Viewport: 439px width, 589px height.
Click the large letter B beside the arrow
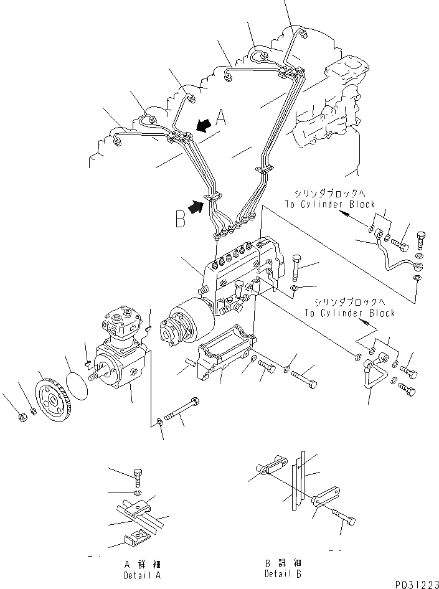[x=181, y=219]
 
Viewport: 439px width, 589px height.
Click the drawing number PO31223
[x=415, y=583]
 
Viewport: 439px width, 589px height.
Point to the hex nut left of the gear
[x=20, y=416]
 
